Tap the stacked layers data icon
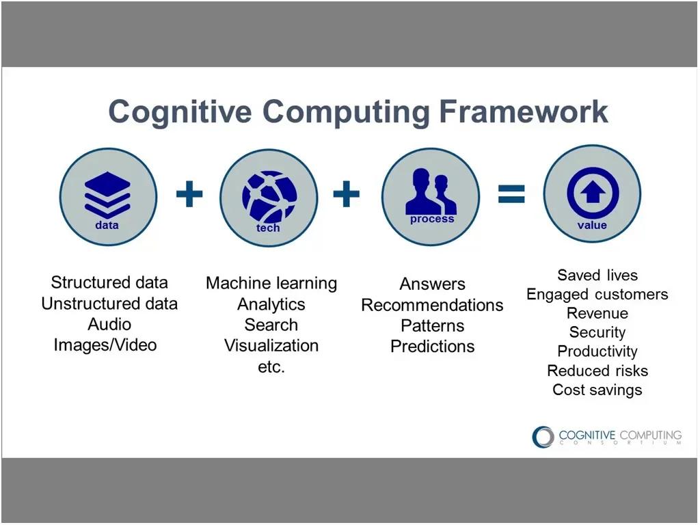point(107,193)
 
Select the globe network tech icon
point(269,196)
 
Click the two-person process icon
point(431,193)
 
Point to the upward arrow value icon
point(593,193)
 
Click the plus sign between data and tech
point(189,195)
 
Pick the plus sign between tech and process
point(347,195)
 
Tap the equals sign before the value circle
point(511,195)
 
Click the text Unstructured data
point(109,304)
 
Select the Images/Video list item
point(105,345)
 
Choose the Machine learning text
point(271,283)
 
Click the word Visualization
point(271,345)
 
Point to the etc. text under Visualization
point(271,366)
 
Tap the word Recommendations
point(432,305)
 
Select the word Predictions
point(432,347)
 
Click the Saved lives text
point(597,275)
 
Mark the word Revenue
point(597,314)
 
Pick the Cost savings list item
point(597,390)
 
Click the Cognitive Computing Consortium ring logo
point(543,437)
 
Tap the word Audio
point(109,325)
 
